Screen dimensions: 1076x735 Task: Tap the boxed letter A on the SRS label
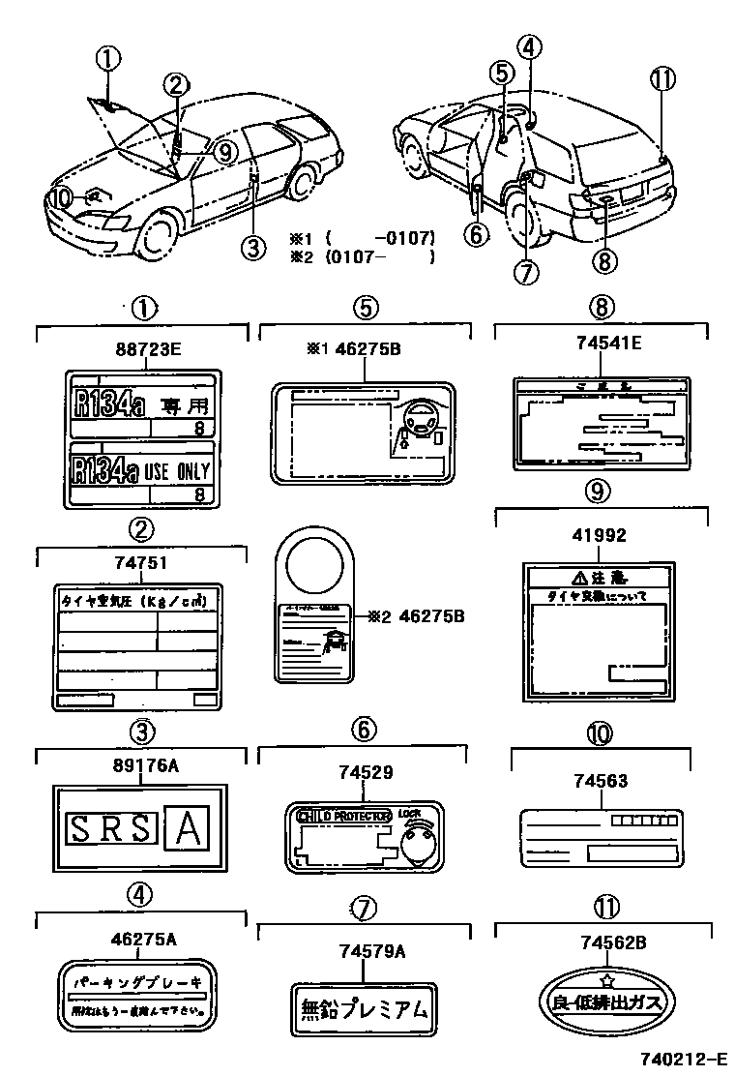(x=191, y=828)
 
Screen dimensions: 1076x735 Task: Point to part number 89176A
(x=140, y=765)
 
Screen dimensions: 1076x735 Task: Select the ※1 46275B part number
(x=353, y=349)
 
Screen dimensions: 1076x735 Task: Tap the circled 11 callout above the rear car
(x=662, y=81)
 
